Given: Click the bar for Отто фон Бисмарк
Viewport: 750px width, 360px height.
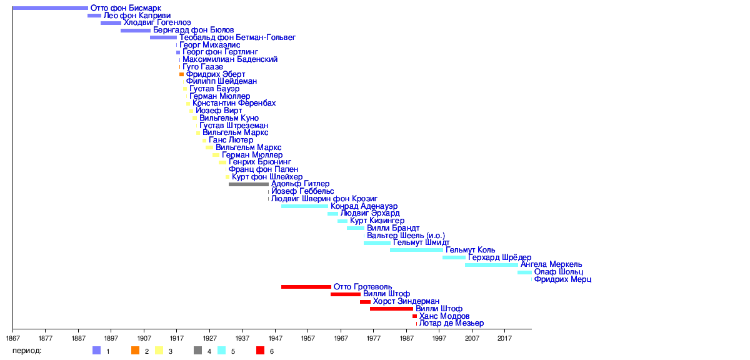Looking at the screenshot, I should (50, 8).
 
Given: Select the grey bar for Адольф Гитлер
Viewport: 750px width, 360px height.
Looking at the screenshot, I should (249, 184).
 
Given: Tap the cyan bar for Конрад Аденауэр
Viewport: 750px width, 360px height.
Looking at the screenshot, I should (304, 206).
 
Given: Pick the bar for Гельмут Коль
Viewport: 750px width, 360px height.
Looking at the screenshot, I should (416, 250).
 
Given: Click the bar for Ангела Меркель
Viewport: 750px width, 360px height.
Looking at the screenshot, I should (491, 265).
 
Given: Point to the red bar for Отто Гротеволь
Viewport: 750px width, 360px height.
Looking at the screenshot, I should (306, 287).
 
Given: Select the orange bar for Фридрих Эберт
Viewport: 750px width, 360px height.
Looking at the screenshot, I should (182, 74).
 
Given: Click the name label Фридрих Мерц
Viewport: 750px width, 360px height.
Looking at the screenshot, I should (562, 279).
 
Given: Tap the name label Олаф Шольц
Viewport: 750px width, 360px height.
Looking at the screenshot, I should (558, 272).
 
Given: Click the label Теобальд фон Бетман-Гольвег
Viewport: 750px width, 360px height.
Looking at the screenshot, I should (237, 37).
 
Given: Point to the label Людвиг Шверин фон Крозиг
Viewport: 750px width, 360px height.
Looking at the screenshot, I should (324, 199).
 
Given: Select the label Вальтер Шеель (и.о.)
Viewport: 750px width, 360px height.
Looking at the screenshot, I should (406, 236).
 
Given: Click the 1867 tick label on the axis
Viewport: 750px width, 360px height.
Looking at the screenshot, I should (12, 338).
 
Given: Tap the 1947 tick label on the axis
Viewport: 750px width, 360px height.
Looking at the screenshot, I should (275, 338).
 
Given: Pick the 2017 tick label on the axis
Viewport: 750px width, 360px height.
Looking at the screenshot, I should (504, 338).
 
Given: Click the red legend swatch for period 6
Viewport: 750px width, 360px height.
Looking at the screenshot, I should (261, 351).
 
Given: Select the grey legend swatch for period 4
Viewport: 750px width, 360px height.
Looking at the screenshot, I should (198, 351).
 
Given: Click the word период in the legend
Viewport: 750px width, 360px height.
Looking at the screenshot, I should (27, 351).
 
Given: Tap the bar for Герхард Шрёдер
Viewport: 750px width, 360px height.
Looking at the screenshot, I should (454, 257).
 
